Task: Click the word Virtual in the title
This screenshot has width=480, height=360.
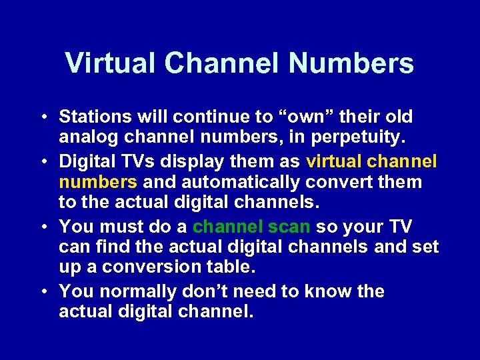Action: point(111,64)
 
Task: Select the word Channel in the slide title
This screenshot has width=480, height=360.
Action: point(223,64)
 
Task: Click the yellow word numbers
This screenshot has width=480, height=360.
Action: point(98,182)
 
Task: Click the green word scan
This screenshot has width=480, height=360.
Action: point(290,227)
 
